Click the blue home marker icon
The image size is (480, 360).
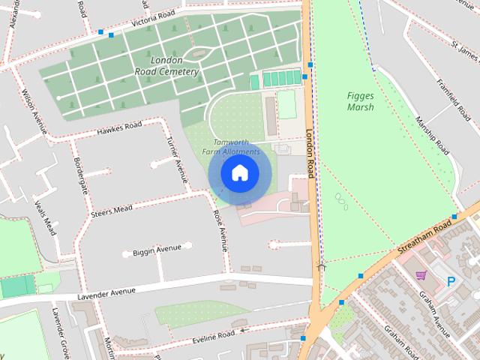(239, 173)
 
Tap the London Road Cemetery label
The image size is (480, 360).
(167, 66)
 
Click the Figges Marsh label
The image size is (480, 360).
(361, 101)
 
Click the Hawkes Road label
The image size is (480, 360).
(119, 130)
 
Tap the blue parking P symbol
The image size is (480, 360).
(451, 282)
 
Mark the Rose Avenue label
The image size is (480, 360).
(220, 229)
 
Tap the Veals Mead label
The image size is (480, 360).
(45, 217)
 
